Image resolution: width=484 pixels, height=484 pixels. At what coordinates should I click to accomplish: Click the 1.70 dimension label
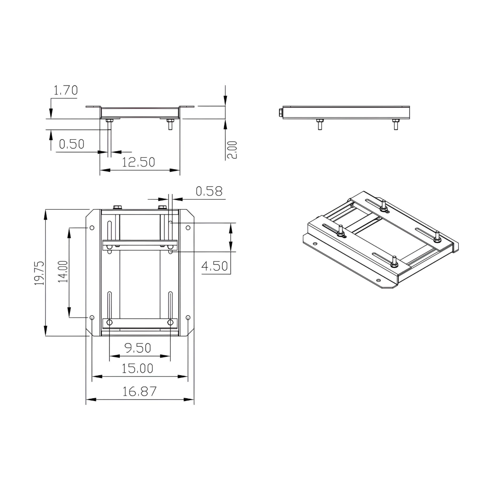[x=65, y=90]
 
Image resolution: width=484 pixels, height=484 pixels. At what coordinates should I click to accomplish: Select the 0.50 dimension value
[x=71, y=144]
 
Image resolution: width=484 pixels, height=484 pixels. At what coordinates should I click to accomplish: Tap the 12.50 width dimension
[x=138, y=162]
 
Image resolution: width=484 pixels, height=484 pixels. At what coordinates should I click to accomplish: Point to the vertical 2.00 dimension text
[x=233, y=150]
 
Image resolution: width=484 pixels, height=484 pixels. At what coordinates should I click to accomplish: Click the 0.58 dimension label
[x=209, y=191]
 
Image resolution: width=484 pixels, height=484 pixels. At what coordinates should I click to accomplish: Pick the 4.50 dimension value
[x=215, y=266]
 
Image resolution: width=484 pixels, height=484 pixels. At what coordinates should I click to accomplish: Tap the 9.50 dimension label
[x=138, y=348]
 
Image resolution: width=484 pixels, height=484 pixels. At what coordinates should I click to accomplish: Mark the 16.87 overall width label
[x=139, y=391]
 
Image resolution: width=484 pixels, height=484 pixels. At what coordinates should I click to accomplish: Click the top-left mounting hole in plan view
[x=92, y=228]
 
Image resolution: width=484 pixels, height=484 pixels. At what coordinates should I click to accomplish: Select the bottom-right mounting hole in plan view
[x=188, y=317]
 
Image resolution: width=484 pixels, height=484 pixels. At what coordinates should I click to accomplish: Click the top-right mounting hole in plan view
[x=188, y=228]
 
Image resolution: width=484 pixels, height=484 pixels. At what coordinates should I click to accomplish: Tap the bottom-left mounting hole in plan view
[x=92, y=317]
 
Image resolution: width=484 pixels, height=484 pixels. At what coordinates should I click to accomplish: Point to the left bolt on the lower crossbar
[x=110, y=322]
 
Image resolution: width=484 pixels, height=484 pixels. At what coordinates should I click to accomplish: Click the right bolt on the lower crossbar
[x=171, y=322]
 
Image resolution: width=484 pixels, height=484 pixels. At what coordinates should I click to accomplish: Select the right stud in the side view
[x=395, y=124]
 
